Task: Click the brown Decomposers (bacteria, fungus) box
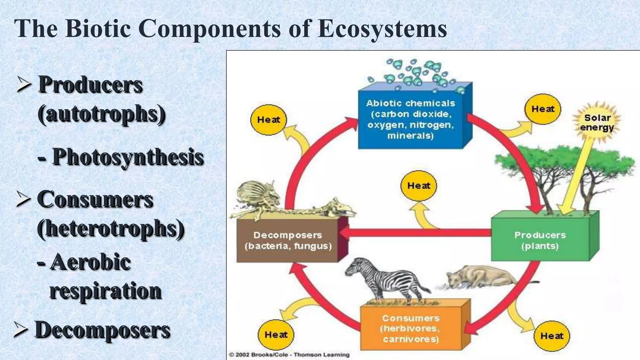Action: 288,241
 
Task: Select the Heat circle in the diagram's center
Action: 418,186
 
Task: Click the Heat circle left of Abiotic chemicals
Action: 268,120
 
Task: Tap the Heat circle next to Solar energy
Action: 543,109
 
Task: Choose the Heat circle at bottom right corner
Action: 552,336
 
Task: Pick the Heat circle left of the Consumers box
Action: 276,335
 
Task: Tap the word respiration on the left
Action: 105,291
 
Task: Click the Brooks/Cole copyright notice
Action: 289,355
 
